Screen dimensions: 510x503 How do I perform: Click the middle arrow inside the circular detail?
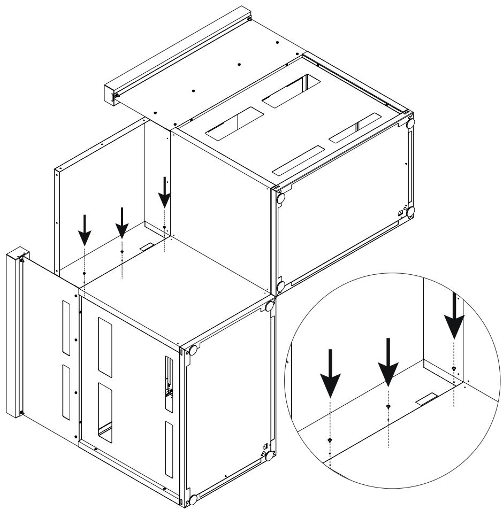click(x=388, y=361)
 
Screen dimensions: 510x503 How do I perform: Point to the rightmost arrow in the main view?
click(x=165, y=192)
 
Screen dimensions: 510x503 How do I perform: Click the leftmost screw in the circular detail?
click(x=330, y=440)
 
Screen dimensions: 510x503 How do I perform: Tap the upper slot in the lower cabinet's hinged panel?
click(x=66, y=326)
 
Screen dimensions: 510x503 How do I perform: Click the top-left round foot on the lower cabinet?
click(x=194, y=351)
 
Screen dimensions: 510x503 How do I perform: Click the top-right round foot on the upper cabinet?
click(x=411, y=122)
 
